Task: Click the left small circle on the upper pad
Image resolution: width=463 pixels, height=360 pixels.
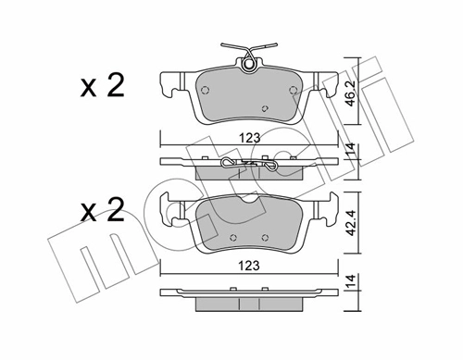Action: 205,91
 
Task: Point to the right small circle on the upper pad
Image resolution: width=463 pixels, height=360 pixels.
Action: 293,91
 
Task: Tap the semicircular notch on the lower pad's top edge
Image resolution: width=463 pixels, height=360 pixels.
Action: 249,198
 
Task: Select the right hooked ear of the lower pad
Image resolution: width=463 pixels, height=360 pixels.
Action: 329,214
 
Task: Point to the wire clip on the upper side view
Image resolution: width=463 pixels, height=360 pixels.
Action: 247,164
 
